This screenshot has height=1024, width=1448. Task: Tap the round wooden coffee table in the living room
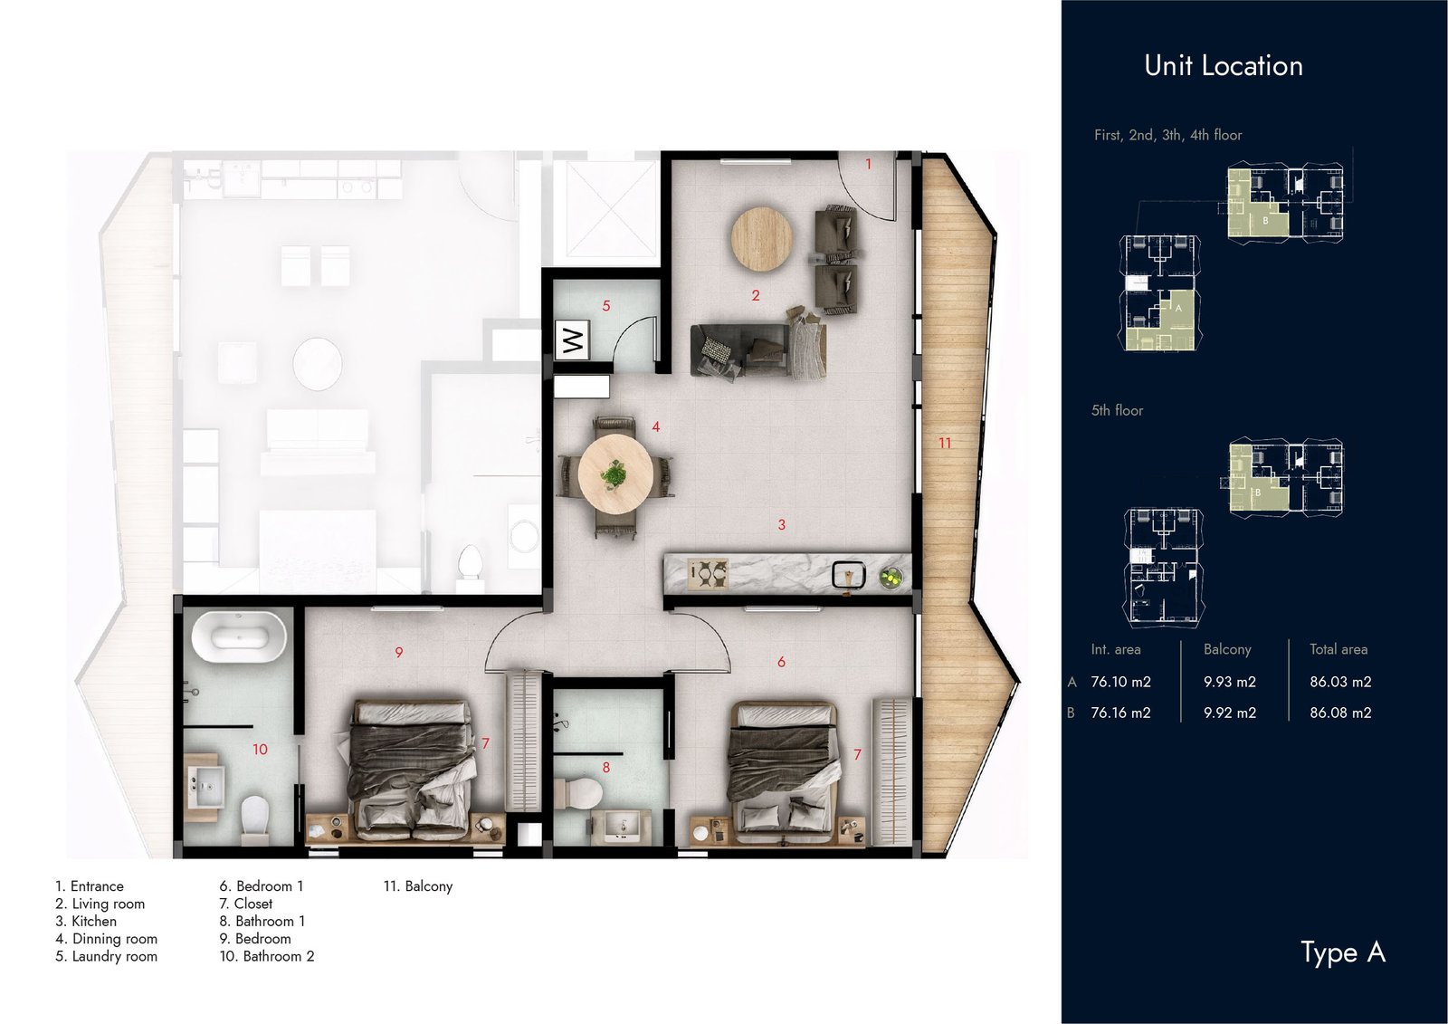point(761,238)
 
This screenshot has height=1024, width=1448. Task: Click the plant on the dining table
point(614,474)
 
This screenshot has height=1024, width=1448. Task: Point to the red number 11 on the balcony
point(945,443)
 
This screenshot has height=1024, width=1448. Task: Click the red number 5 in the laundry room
point(606,306)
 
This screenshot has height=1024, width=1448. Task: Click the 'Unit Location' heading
point(1223,66)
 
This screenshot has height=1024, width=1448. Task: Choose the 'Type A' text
point(1343,952)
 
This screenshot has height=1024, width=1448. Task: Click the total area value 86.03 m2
point(1340,681)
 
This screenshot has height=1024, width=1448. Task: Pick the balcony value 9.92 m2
point(1230,713)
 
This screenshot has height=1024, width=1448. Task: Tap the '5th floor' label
point(1117,410)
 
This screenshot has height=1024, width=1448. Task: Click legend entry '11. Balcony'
point(417,886)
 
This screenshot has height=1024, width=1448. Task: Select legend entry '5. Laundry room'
point(107,956)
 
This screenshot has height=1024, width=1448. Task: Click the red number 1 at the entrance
point(868,164)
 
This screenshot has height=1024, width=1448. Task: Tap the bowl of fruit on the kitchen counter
point(892,578)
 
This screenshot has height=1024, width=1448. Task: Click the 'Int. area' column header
point(1116,649)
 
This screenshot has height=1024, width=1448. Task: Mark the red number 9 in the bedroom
point(399,653)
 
